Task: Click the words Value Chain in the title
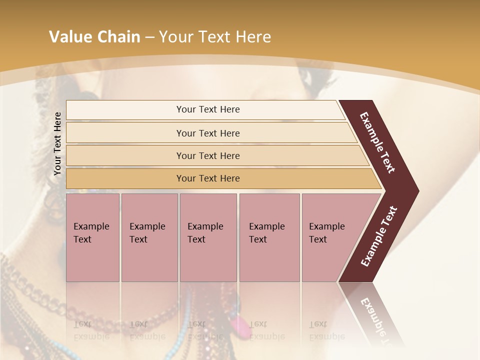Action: [x=94, y=36]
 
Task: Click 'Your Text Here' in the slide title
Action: [x=215, y=36]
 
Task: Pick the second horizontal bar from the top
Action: [x=208, y=133]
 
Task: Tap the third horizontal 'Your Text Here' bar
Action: [x=208, y=155]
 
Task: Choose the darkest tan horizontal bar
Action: [x=208, y=178]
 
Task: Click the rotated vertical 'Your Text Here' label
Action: [x=57, y=143]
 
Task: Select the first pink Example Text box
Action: [x=92, y=237]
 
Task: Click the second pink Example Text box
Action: [x=149, y=237]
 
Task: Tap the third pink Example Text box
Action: [x=208, y=237]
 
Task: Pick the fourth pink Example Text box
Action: [x=269, y=237]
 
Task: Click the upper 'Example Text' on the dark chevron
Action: [x=377, y=142]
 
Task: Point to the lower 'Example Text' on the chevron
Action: [x=378, y=236]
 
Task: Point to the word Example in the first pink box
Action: [x=91, y=226]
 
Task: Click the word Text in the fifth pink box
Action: [x=317, y=239]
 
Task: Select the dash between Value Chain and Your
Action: [x=149, y=37]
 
